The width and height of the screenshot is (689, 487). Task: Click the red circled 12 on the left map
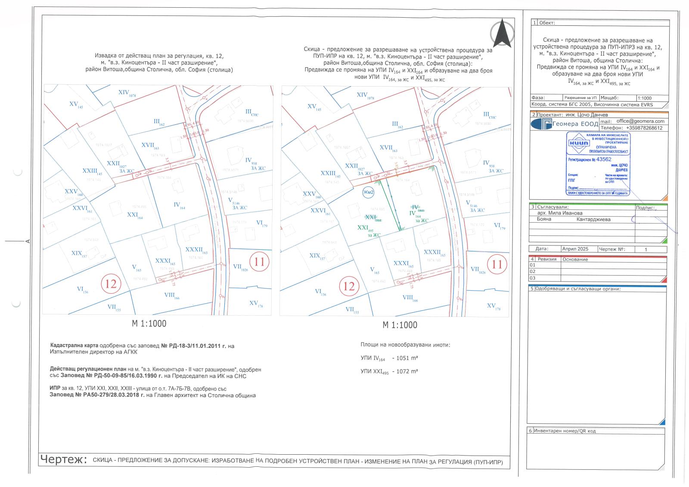(111, 283)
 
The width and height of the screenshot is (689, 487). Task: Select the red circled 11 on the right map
(497, 264)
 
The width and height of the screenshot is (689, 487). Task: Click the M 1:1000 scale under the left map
(149, 323)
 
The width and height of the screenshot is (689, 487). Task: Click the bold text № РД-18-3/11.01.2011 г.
(194, 346)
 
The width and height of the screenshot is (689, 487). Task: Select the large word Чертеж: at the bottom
(63, 459)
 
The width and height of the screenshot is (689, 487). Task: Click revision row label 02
(533, 272)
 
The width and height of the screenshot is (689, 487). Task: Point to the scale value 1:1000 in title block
(645, 98)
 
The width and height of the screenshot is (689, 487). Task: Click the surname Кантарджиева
(593, 220)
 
